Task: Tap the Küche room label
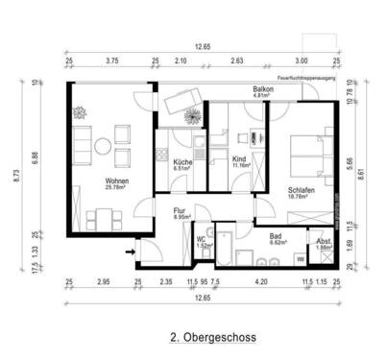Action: pyautogui.click(x=182, y=162)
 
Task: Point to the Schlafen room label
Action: pyautogui.click(x=301, y=190)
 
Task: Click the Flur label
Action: pyautogui.click(x=179, y=211)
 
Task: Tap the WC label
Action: pyautogui.click(x=202, y=240)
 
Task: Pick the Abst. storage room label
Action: pyautogui.click(x=324, y=241)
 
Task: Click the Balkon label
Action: pyautogui.click(x=263, y=89)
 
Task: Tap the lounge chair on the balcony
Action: pyautogui.click(x=181, y=99)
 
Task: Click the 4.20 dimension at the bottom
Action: pyautogui.click(x=260, y=282)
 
